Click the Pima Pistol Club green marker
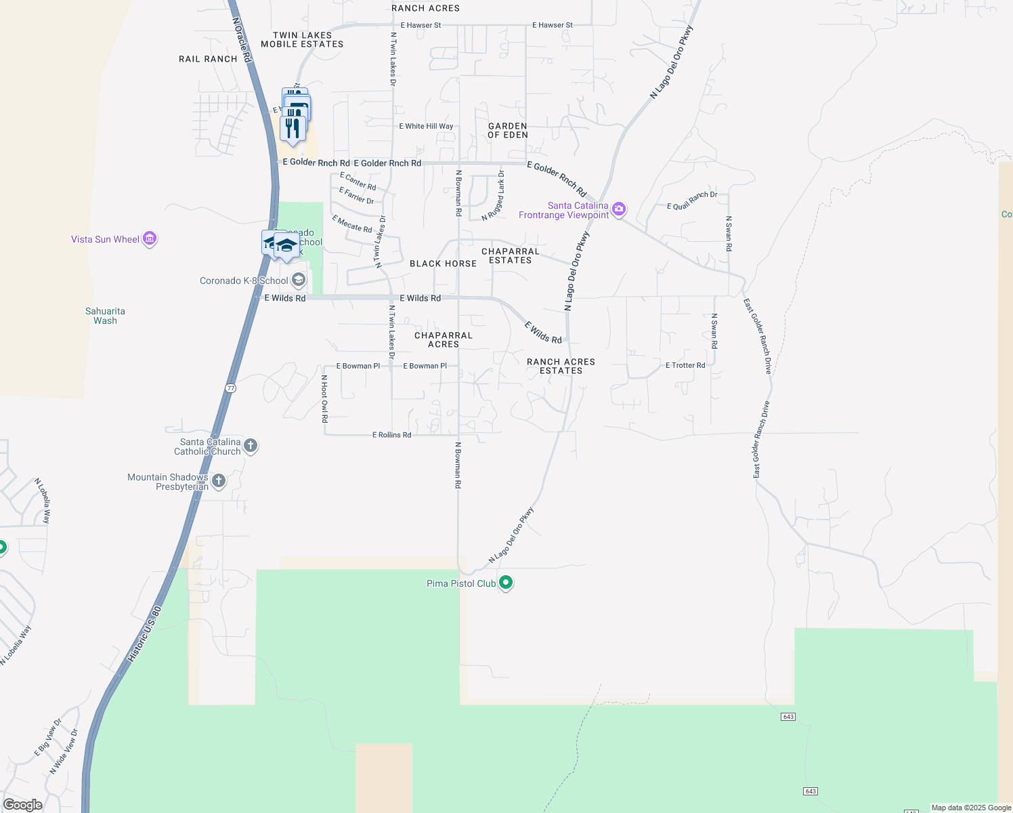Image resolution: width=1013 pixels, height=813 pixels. point(506,583)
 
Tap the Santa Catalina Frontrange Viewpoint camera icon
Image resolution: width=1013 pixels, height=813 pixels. point(618,209)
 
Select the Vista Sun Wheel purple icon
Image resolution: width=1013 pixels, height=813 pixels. point(150,238)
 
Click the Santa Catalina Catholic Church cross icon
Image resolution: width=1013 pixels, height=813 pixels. point(251,445)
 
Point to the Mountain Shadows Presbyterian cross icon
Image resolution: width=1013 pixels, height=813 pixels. point(218,481)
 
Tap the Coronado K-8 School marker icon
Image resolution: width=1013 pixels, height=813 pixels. point(298,280)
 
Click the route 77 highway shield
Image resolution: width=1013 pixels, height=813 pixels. point(231,388)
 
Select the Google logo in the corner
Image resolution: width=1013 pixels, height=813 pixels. point(22,804)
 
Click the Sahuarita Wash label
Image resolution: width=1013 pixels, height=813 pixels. point(105,316)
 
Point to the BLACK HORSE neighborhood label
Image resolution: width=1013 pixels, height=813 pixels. point(443,264)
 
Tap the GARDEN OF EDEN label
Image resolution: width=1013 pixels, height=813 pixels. point(508,130)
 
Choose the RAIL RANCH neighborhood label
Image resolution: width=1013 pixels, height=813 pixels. point(208,59)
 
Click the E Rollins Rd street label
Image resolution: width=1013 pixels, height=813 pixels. point(391,435)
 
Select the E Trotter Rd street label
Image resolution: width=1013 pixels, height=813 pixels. point(685,365)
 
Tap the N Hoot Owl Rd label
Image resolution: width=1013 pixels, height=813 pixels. point(324,399)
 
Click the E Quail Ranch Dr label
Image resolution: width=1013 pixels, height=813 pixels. point(692,201)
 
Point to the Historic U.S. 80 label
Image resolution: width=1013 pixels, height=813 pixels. point(144,634)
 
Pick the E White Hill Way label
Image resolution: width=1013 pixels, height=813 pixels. point(426,126)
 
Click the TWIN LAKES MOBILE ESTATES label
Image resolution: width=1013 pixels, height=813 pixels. point(302,39)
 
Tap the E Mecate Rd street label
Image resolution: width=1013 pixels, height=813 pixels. point(352,224)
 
